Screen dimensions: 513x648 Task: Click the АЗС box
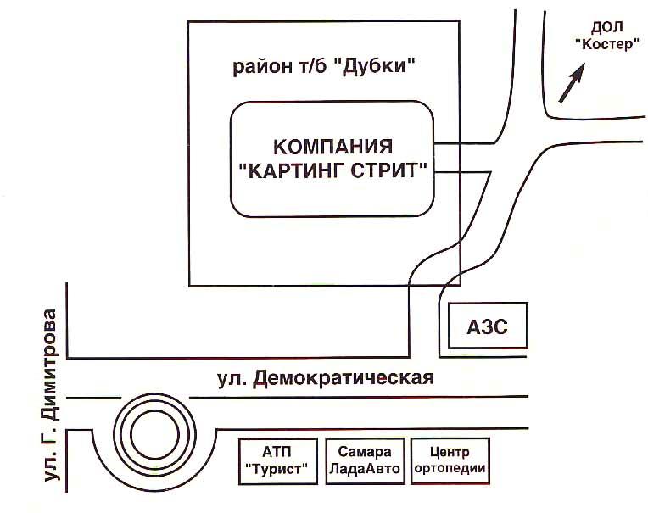click(x=487, y=326)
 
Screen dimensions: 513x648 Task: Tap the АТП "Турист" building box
click(x=278, y=460)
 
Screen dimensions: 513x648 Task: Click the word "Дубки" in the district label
click(x=377, y=65)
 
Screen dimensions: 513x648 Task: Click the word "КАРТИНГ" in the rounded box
click(x=291, y=170)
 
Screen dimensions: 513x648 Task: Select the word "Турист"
click(x=278, y=469)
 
